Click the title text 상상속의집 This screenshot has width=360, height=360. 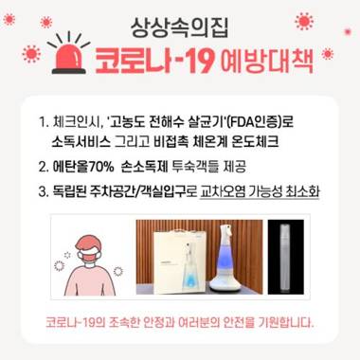coord(179,27)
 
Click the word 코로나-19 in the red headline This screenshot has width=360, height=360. coord(154,61)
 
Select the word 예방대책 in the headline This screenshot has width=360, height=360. coord(266,61)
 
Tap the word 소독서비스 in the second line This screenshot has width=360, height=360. coord(81,142)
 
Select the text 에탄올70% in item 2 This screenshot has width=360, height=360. coord(83,167)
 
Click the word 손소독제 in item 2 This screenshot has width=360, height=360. coord(144,167)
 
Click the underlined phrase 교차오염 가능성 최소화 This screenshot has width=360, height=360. coord(260,191)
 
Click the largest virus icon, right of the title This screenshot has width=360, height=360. coord(304,22)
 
